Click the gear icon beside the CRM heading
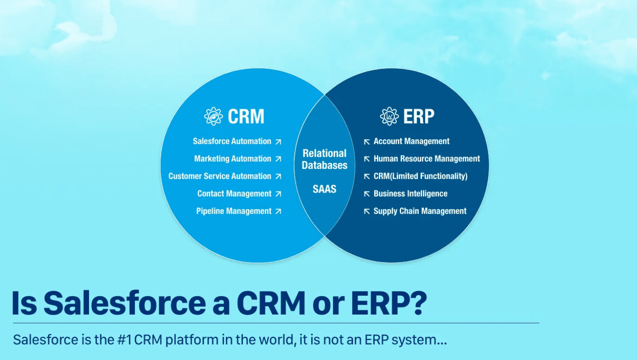[213, 116]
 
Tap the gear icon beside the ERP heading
[389, 116]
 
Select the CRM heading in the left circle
[246, 117]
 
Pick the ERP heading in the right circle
[419, 117]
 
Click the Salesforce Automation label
[232, 141]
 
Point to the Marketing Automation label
[233, 159]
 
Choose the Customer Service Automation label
[220, 176]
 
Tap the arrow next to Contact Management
[278, 194]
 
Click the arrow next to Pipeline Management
[278, 211]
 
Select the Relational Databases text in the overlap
[324, 159]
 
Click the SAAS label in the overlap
[324, 189]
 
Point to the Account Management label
[411, 141]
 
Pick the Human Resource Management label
[426, 159]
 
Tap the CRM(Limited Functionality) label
[420, 176]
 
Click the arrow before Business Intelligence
[367, 194]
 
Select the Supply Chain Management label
[420, 211]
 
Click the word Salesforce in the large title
[124, 304]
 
